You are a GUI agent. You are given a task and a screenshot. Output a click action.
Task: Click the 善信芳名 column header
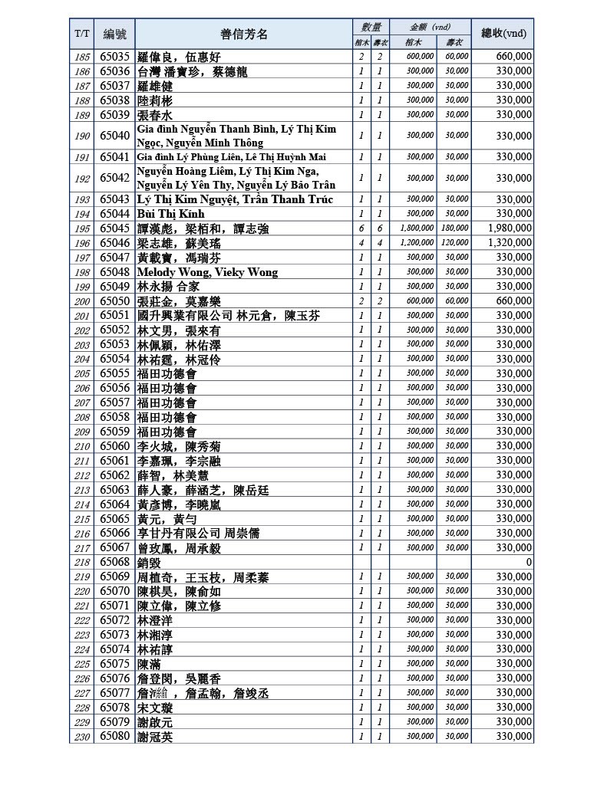click(244, 34)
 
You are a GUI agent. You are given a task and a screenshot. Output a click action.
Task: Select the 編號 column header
click(115, 34)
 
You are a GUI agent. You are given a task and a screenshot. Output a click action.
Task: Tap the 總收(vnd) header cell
click(503, 34)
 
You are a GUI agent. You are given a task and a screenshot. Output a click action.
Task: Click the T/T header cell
click(82, 34)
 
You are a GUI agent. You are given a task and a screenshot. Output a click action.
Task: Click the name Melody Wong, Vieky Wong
click(207, 272)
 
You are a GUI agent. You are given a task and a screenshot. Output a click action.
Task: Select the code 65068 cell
click(115, 562)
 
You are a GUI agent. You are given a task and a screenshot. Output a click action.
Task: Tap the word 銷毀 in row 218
click(149, 562)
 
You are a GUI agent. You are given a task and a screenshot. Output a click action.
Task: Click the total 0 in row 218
click(529, 562)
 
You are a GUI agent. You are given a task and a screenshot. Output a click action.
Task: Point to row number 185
click(82, 57)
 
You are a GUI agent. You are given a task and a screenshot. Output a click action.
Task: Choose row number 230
click(82, 737)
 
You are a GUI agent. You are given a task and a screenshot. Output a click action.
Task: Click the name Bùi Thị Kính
click(171, 214)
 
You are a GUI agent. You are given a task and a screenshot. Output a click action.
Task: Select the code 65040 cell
click(115, 136)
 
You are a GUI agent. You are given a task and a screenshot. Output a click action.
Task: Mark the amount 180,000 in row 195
click(454, 228)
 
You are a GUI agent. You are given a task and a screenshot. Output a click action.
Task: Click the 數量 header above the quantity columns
click(371, 27)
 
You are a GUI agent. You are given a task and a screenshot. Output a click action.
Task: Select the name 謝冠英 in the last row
click(155, 737)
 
